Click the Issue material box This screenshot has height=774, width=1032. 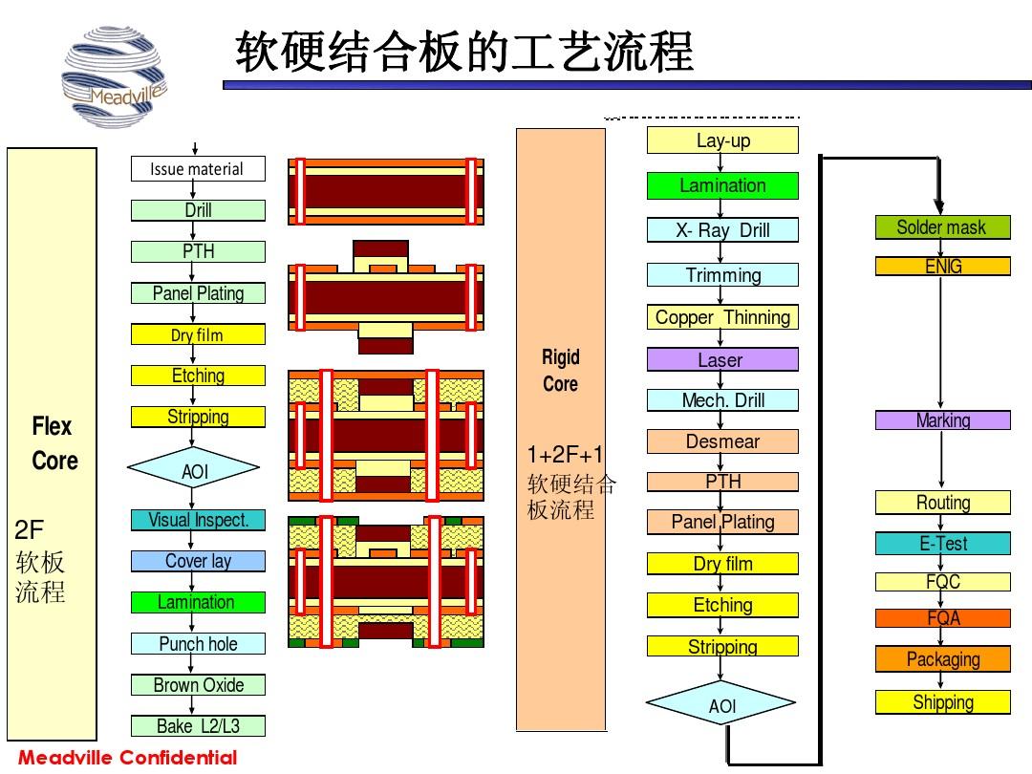point(197,169)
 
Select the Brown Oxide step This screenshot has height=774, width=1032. point(198,685)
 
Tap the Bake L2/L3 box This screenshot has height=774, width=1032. point(198,726)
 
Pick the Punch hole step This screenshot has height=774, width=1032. point(198,644)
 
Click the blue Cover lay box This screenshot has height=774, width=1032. point(198,561)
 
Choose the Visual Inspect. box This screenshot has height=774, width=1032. point(198,521)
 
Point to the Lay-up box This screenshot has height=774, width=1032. point(722,140)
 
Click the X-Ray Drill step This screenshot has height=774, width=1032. point(722,230)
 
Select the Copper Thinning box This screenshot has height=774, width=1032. point(722,317)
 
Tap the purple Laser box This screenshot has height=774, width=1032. point(722,360)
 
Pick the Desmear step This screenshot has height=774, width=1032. point(722,441)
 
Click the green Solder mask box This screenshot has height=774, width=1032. point(942,227)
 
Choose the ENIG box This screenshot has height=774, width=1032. point(942,267)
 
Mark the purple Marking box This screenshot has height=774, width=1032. point(942,420)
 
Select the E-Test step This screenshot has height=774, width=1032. point(942,544)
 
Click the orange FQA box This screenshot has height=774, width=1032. point(942,618)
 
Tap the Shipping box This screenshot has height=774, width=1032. point(942,702)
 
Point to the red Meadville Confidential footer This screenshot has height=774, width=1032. point(128,759)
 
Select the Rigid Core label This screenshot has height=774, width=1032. point(561,371)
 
